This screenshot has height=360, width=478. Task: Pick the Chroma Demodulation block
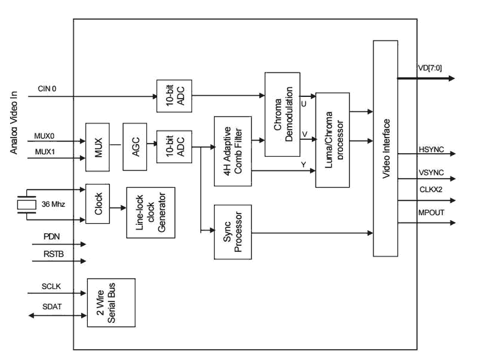coord(283,114)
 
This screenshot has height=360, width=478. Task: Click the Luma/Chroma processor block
coord(332,139)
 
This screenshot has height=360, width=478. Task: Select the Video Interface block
coord(385,148)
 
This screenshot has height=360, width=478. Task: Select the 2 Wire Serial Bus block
coord(111,302)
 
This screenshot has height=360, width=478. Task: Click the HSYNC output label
coord(431,147)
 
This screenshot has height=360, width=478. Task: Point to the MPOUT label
coord(431,212)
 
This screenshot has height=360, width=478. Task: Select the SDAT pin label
coord(51,307)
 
